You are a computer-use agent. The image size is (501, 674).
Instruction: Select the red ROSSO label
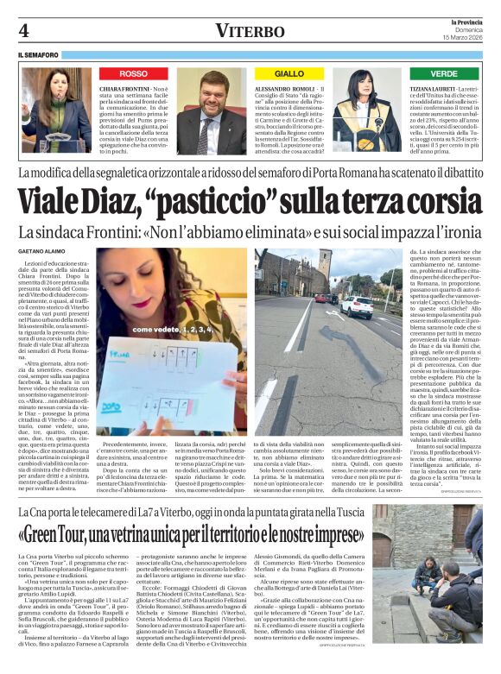(x=133, y=74)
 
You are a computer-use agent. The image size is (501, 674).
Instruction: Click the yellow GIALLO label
(x=289, y=74)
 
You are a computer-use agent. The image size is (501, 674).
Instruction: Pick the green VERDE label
(x=444, y=74)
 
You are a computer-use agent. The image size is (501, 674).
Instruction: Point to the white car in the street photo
(x=356, y=306)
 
